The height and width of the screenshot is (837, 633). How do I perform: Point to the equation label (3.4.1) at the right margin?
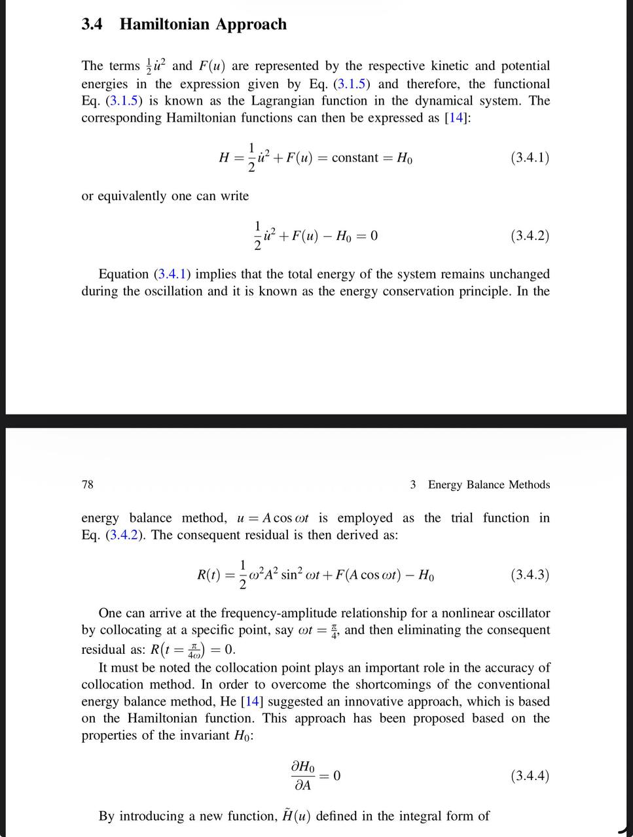529,157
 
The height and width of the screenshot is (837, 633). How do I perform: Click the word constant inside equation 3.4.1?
355,158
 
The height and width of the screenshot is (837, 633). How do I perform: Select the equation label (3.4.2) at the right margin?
529,235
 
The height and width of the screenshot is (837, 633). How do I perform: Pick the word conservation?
414,291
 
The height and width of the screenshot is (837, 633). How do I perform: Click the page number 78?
88,485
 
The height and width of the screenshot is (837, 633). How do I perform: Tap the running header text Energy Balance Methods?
488,485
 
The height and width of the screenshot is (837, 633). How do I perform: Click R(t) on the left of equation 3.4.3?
209,575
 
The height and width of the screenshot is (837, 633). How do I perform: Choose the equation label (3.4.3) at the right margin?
529,575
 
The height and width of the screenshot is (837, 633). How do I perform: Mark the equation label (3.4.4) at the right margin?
529,776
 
